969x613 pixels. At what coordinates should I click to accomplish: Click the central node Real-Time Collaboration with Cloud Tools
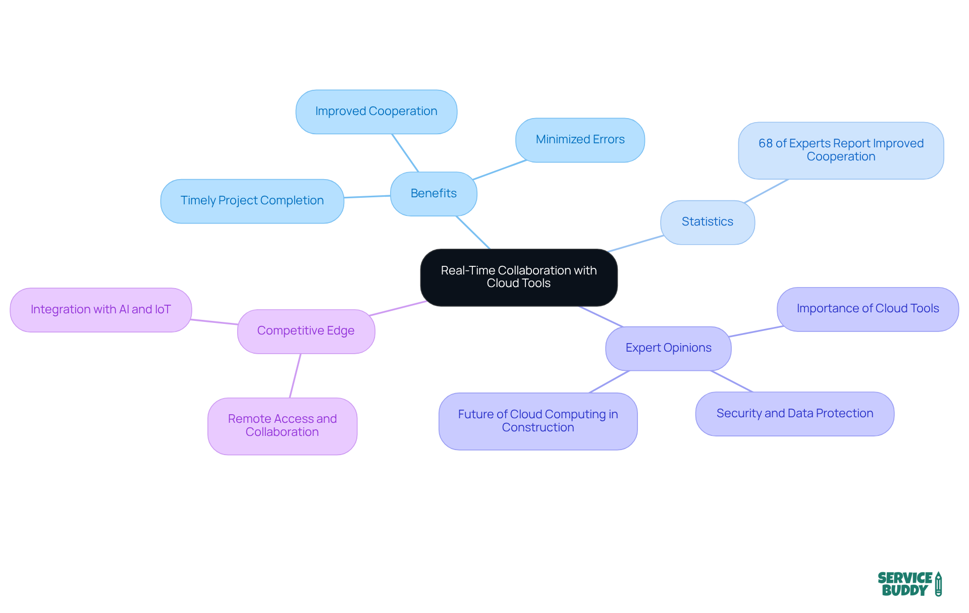point(518,277)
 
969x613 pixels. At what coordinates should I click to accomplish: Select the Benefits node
point(433,194)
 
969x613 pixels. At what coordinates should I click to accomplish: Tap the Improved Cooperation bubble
point(376,112)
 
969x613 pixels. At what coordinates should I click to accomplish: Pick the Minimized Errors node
point(580,140)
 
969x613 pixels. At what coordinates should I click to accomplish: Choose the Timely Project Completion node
point(252,201)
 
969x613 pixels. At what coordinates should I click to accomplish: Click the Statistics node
point(707,222)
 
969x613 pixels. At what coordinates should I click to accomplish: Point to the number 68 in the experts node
point(765,144)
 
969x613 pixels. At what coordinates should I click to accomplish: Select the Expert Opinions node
point(668,348)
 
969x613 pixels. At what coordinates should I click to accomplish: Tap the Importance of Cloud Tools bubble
point(868,309)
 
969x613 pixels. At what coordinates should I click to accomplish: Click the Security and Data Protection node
point(794,414)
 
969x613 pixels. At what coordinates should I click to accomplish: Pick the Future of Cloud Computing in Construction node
point(537,421)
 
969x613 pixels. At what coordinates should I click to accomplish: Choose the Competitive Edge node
point(306,331)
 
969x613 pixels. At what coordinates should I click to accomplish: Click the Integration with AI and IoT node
point(100,310)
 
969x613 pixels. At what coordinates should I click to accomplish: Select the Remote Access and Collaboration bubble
point(282,426)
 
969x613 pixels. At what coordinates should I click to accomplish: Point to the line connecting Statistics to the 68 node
point(766,191)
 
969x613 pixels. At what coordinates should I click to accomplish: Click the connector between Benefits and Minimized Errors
point(500,170)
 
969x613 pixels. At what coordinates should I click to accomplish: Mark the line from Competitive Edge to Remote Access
point(295,375)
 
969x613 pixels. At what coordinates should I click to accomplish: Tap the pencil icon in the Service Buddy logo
point(938,584)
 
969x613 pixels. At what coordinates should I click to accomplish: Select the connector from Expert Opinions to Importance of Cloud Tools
point(756,331)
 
